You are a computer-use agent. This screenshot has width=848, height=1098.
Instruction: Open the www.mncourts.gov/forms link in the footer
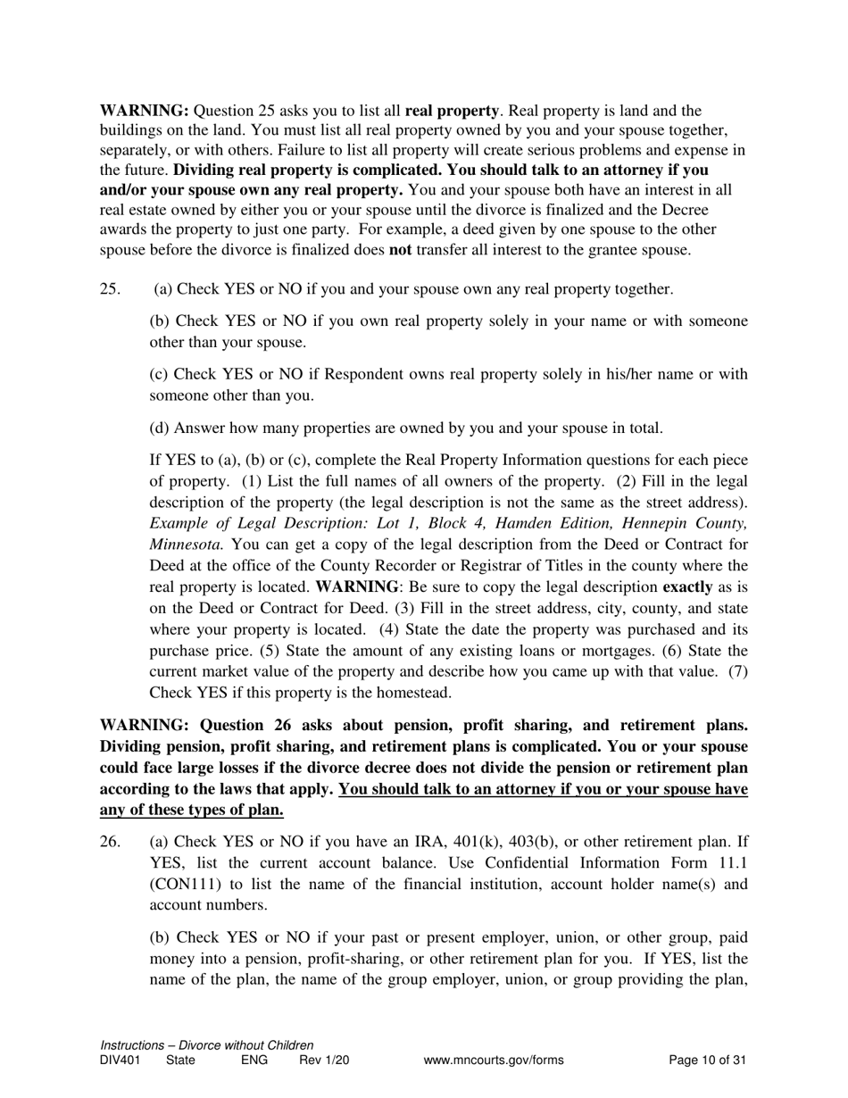point(494,1061)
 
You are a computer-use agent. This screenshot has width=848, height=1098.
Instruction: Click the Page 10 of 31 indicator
point(707,1061)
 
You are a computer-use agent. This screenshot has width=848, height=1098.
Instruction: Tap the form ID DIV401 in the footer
point(120,1061)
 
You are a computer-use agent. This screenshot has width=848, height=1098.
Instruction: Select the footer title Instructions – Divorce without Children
point(207,1045)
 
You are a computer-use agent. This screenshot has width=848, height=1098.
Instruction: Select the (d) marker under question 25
point(160,428)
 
